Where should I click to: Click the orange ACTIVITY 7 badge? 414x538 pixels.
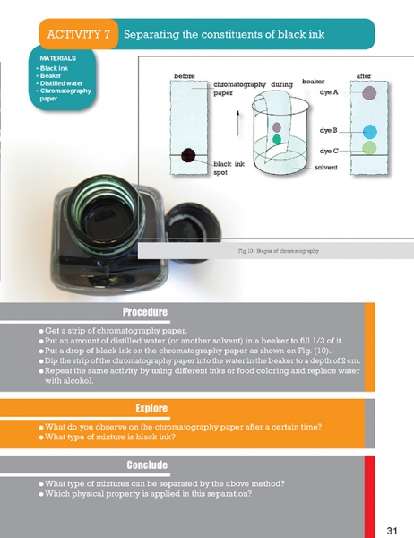[x=79, y=34]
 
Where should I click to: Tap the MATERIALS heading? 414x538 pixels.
[x=58, y=58]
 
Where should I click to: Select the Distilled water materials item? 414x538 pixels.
[x=62, y=83]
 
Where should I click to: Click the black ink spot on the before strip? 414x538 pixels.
[x=188, y=155]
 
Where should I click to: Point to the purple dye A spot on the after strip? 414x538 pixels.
[x=369, y=92]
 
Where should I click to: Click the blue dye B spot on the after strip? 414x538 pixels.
[x=370, y=132]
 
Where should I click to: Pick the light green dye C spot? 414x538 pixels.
[x=369, y=148]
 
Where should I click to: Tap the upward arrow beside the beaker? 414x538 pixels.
[x=237, y=123]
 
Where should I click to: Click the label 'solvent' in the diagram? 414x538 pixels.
[x=326, y=168]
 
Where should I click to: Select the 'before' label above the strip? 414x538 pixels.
[x=185, y=76]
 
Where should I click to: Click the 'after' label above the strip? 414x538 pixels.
[x=364, y=76]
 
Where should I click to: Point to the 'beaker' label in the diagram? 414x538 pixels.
[x=313, y=82]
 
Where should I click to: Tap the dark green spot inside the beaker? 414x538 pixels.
[x=277, y=139]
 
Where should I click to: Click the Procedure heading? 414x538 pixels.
[x=145, y=312]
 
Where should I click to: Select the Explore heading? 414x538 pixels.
[x=151, y=408]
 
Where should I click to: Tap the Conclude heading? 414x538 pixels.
[x=147, y=464]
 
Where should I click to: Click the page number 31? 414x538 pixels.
[x=392, y=531]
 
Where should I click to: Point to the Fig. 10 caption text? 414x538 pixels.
[x=278, y=251]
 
